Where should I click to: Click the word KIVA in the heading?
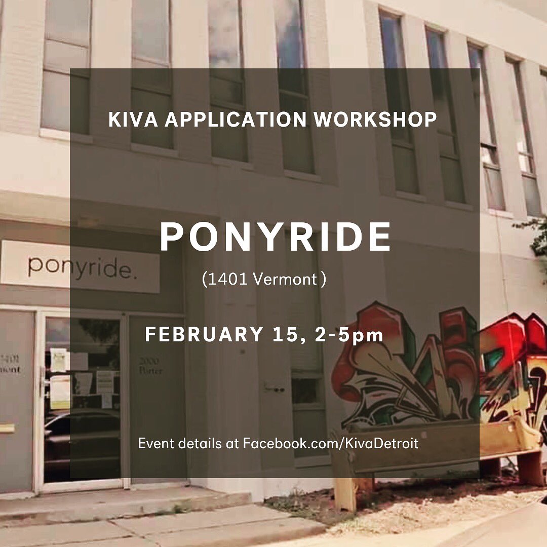coord(133,120)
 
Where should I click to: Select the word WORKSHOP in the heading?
coord(375,120)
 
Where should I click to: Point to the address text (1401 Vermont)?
coord(263,279)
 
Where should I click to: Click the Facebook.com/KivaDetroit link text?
coord(331,444)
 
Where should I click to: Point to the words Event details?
coord(180,444)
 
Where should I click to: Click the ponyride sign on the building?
coord(80,266)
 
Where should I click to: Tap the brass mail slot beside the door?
coord(7,428)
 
